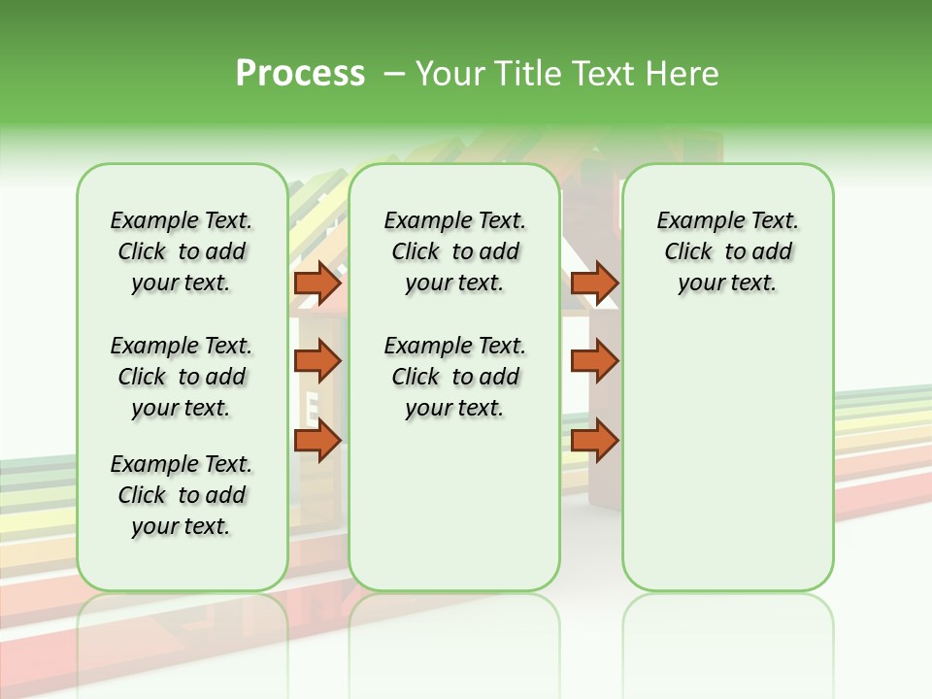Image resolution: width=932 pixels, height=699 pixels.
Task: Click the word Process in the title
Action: tap(300, 74)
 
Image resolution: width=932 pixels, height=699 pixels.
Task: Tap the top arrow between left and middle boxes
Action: tap(317, 283)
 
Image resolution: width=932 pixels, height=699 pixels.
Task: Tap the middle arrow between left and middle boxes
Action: tap(317, 361)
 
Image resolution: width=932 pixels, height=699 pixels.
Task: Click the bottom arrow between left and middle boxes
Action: tap(317, 441)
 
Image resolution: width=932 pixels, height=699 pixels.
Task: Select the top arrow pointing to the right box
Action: tap(594, 283)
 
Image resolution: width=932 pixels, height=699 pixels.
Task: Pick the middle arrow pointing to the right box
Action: tap(594, 361)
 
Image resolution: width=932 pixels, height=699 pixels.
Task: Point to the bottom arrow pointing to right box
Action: tap(594, 441)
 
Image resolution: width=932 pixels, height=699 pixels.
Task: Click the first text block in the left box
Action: tap(182, 251)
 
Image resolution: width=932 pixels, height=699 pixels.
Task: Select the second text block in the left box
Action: tap(182, 377)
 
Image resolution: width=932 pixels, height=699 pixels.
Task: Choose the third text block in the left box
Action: tap(182, 495)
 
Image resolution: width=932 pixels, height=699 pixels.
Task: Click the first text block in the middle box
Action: tap(454, 251)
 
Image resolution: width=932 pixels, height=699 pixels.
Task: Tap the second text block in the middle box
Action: tap(454, 377)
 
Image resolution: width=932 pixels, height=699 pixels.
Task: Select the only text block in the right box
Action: tap(727, 251)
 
